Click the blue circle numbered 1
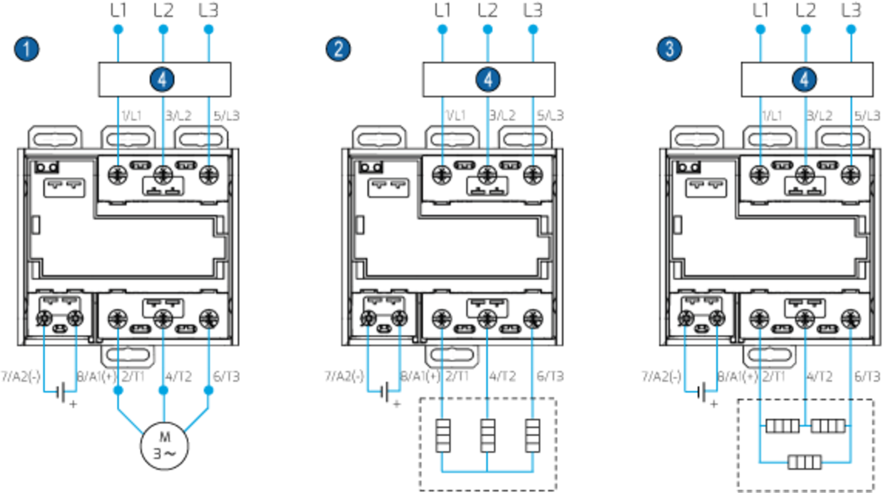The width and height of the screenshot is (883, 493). [26, 49]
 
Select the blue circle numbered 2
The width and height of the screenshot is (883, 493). [338, 49]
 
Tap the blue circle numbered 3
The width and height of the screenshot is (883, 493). [669, 49]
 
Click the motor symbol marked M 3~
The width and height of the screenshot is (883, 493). [164, 446]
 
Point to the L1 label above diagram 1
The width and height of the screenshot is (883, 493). [118, 10]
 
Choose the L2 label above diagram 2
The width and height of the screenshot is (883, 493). [487, 10]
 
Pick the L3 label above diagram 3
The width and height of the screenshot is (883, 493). [851, 10]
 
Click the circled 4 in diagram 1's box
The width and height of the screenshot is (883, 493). [163, 80]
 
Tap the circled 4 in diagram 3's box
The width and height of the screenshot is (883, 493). [804, 80]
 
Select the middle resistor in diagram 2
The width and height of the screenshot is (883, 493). [487, 435]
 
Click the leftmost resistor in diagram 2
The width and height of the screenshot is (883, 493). [443, 435]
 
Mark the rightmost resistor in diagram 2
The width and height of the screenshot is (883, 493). [533, 435]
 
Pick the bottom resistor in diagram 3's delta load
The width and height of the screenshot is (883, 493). [804, 462]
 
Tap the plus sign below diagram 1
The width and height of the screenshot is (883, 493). [74, 404]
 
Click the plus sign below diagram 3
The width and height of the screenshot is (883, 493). [714, 404]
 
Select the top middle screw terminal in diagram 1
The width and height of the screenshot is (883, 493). [163, 174]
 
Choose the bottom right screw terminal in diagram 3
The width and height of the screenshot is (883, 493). [848, 319]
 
